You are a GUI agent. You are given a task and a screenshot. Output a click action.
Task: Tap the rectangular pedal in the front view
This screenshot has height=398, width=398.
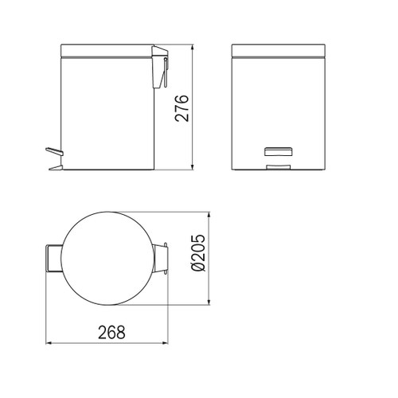click(x=277, y=151)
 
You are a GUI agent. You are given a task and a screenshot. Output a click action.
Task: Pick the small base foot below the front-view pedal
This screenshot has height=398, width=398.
click(x=277, y=166)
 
